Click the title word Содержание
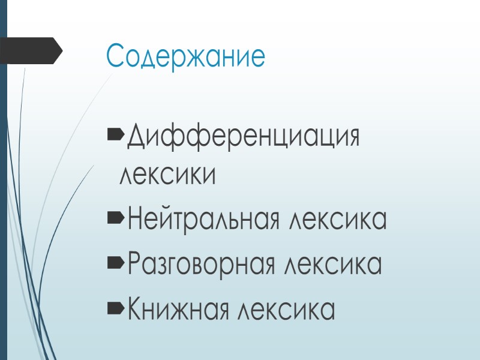tap(185, 56)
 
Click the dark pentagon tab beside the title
tap(30, 50)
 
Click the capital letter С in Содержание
tap(115, 56)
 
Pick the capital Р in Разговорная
tap(134, 265)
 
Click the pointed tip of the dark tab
tap(61, 50)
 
